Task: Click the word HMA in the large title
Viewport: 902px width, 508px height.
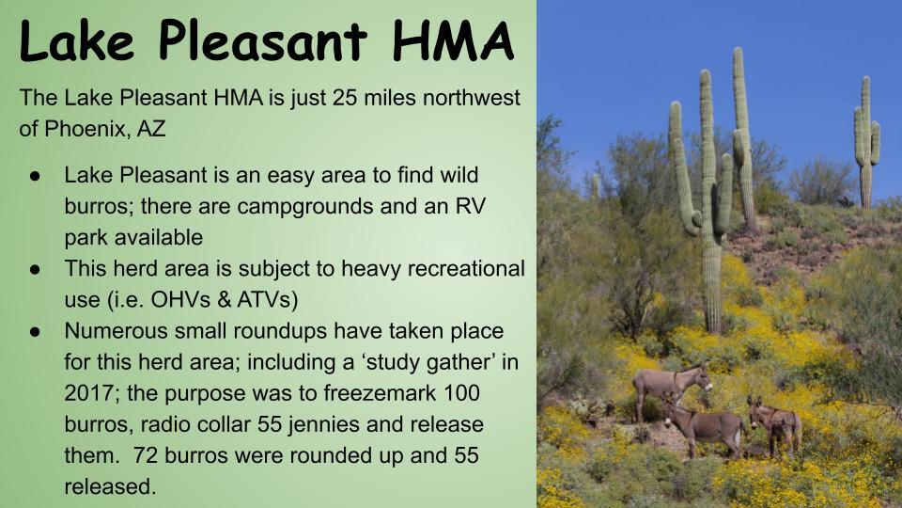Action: click(x=453, y=40)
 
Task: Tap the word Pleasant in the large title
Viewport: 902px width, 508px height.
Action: click(x=262, y=40)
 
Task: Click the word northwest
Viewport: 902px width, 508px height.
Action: click(x=471, y=97)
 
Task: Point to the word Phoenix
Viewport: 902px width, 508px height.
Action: click(x=86, y=129)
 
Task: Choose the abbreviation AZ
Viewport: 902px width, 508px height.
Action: click(x=151, y=129)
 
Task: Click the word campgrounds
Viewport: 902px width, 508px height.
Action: click(x=305, y=207)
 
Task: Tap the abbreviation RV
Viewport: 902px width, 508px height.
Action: click(x=471, y=206)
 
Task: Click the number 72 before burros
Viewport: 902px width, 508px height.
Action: click(x=145, y=455)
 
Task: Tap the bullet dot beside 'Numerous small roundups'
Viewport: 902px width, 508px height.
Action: click(x=35, y=332)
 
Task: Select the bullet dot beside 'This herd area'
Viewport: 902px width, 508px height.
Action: click(x=35, y=269)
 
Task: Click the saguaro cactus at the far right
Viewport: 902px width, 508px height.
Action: click(x=866, y=141)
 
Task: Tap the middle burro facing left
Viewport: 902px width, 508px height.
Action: click(x=704, y=427)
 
